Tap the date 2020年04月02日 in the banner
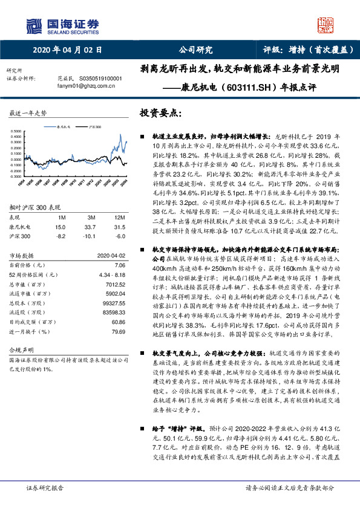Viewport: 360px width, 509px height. [x=62, y=50]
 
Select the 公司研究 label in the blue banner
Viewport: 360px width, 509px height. [x=195, y=50]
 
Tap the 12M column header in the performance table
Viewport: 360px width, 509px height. [x=120, y=216]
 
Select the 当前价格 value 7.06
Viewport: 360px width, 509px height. [x=119, y=265]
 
